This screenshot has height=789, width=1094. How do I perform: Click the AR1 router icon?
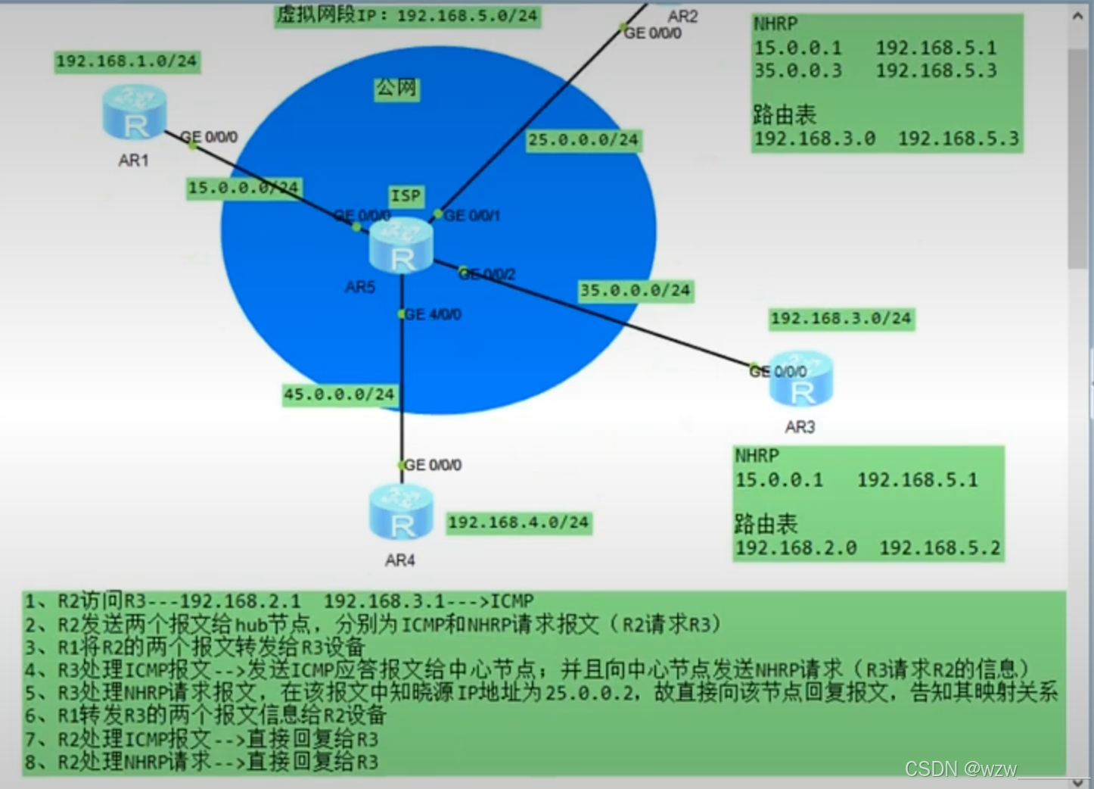pos(134,114)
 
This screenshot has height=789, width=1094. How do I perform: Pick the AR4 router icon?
pos(401,513)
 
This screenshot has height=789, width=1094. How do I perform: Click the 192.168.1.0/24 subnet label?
pos(126,61)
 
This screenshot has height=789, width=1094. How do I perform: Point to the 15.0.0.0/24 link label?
pos(244,188)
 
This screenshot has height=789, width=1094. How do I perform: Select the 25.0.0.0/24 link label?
pos(583,140)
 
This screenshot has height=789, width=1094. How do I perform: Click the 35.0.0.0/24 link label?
pos(635,291)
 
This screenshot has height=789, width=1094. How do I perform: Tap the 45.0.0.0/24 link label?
pos(339,394)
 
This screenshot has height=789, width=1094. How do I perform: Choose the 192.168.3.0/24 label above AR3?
pos(841,319)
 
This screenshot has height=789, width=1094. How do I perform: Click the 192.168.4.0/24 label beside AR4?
pos(518,522)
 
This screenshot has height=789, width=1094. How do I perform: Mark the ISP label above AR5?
pos(406,196)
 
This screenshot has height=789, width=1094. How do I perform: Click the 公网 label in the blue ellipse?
pos(396,89)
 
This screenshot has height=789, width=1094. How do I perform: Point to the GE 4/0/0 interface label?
pos(433,314)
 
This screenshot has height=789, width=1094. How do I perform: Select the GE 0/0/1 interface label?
pos(472,216)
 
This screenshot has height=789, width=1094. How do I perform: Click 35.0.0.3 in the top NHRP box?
pos(797,71)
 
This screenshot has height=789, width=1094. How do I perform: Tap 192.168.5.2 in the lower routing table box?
pos(940,548)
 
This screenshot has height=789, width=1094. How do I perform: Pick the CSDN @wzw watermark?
pos(961,769)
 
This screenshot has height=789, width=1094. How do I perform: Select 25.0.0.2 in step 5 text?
pos(591,692)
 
